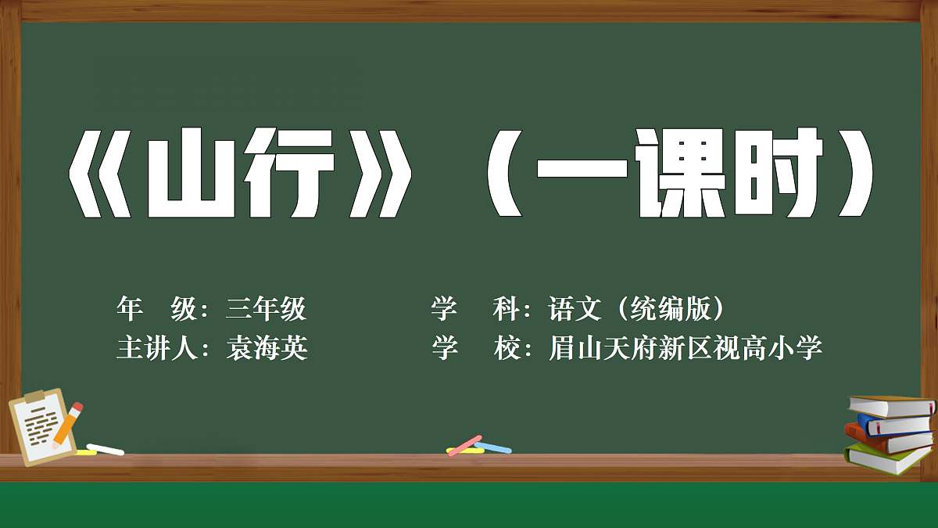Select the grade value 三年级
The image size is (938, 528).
(x=266, y=310)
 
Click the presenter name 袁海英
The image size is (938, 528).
(x=267, y=348)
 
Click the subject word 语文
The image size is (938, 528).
(x=575, y=310)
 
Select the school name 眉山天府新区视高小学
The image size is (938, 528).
(x=686, y=348)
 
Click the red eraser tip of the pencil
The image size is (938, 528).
(x=76, y=408)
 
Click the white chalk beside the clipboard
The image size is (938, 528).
(x=106, y=449)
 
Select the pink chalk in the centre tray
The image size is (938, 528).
(x=466, y=444)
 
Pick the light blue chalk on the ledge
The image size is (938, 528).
(x=493, y=448)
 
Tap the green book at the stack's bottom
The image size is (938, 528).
(x=887, y=458)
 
